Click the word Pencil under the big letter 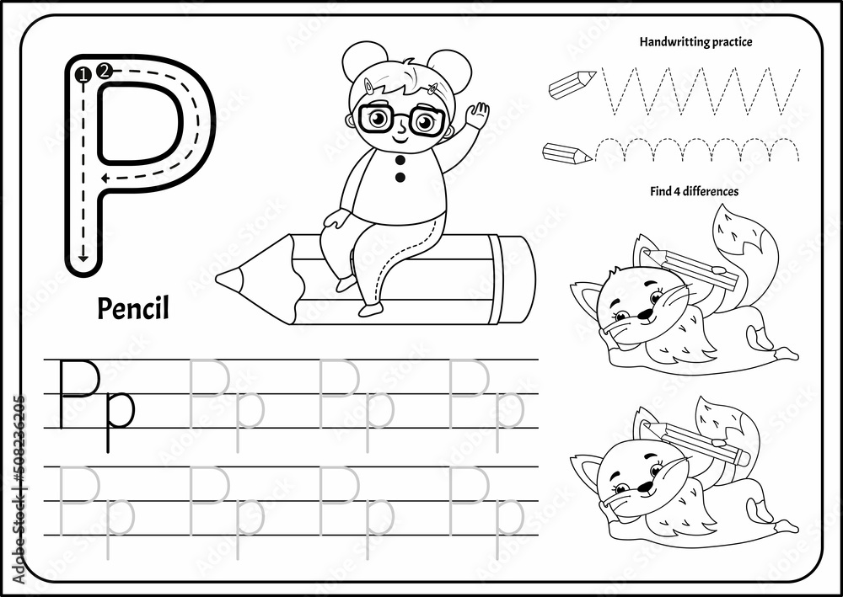tap(133, 309)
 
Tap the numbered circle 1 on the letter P tap(83, 77)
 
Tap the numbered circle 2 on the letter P tap(104, 71)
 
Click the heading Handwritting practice tap(695, 40)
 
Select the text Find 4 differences tap(694, 191)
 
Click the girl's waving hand tap(478, 115)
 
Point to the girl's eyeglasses tap(401, 119)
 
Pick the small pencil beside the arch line tap(567, 153)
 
